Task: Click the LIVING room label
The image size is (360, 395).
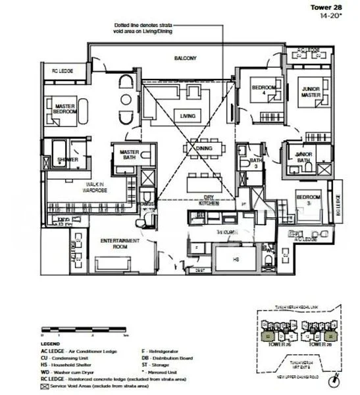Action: pyautogui.click(x=188, y=117)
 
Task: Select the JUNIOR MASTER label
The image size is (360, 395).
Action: pyautogui.click(x=311, y=92)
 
